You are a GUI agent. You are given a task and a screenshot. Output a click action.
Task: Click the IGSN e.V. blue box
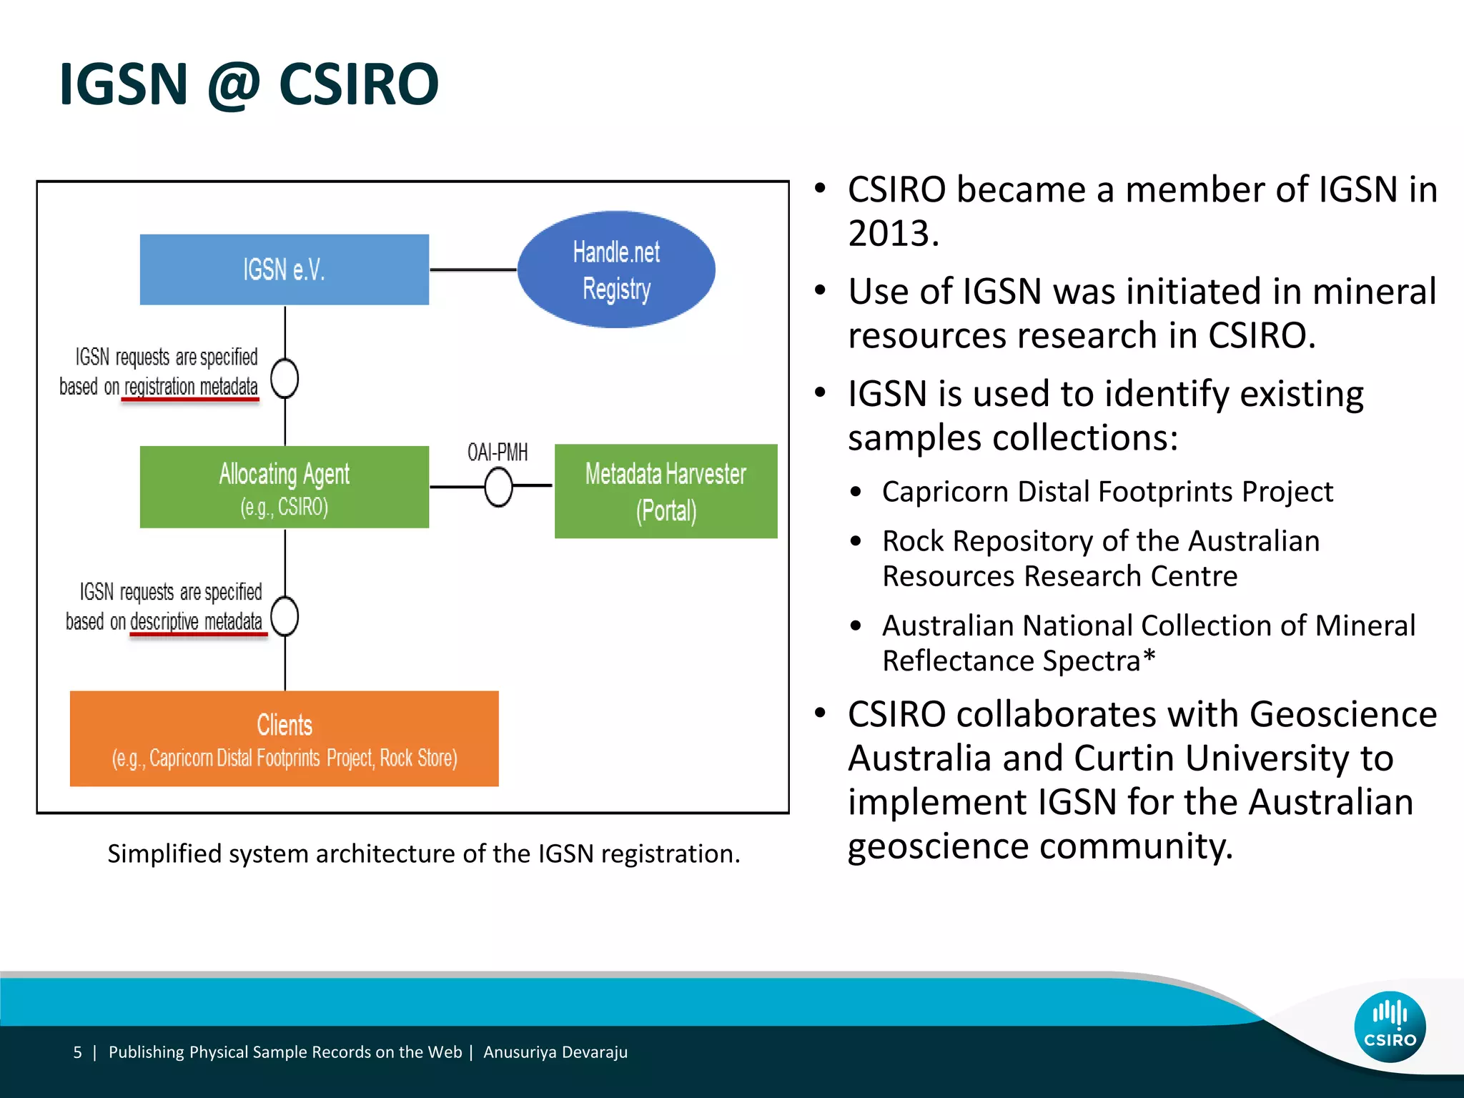tap(284, 269)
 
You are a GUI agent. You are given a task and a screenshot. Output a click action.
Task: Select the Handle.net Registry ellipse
tap(615, 269)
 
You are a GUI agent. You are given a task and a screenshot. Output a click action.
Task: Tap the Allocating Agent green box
tap(284, 487)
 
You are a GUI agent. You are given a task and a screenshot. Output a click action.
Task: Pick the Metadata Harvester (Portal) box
tap(666, 491)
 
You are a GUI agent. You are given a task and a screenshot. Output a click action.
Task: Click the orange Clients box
tap(284, 738)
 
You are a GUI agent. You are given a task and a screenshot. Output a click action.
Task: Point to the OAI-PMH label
tap(498, 452)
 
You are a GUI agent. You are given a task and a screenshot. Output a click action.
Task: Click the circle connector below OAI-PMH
tap(498, 488)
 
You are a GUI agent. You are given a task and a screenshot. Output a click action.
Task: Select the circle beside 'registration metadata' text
tap(285, 378)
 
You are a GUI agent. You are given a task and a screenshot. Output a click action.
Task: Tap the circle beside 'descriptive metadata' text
tap(285, 616)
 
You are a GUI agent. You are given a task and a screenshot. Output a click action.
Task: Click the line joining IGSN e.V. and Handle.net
tap(473, 269)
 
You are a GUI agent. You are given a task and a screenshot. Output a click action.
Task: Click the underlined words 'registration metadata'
tap(191, 387)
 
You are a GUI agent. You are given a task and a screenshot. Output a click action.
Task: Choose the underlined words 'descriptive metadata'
tap(197, 622)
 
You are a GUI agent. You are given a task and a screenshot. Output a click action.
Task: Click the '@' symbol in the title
tap(233, 85)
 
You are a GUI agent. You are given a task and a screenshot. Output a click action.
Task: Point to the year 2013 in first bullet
tap(893, 233)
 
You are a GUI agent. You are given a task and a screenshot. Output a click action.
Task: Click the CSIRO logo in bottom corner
tap(1390, 1027)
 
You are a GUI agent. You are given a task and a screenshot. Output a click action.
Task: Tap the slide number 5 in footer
tap(77, 1052)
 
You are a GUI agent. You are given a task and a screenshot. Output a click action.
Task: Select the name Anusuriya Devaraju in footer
tap(555, 1052)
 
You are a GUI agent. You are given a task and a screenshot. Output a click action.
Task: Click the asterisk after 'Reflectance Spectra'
tap(1149, 656)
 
